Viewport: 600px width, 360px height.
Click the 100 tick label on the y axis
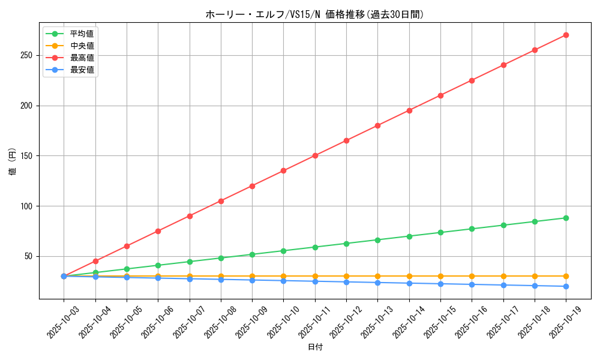[x=28, y=206]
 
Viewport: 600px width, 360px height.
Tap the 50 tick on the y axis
[x=30, y=256]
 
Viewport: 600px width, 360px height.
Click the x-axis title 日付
[x=315, y=347]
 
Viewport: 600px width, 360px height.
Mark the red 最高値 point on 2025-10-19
[x=566, y=35]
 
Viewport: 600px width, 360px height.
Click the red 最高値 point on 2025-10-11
[x=315, y=155]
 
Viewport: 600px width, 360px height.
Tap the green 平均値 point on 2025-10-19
[x=566, y=218]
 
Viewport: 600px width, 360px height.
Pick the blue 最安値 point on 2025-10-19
[x=566, y=286]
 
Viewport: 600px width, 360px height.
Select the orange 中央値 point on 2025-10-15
[x=440, y=276]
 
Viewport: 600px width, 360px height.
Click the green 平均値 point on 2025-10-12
[x=346, y=243]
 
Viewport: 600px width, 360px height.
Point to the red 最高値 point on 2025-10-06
[x=158, y=231]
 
